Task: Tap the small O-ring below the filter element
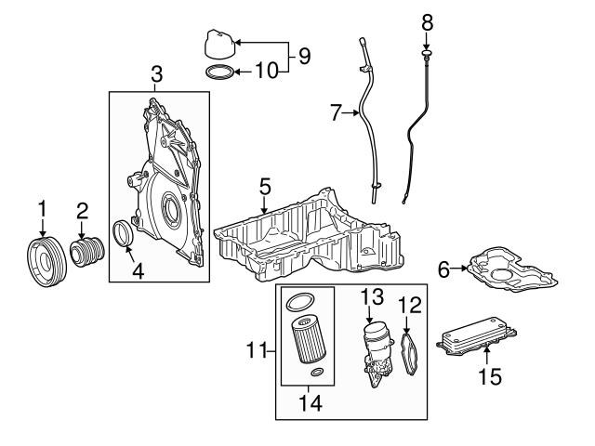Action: tap(317, 374)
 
